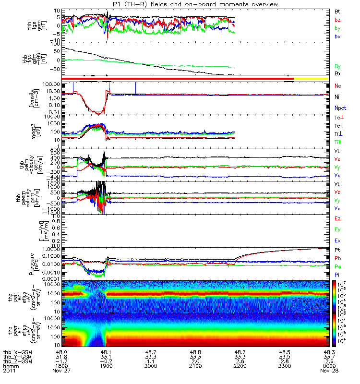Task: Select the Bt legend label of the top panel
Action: (x=338, y=11)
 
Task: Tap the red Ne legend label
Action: (x=338, y=85)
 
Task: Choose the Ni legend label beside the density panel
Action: (x=337, y=97)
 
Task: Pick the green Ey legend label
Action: (x=338, y=230)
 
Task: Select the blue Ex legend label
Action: (x=338, y=241)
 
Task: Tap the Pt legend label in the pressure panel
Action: (x=338, y=251)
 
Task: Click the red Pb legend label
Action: (x=338, y=259)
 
